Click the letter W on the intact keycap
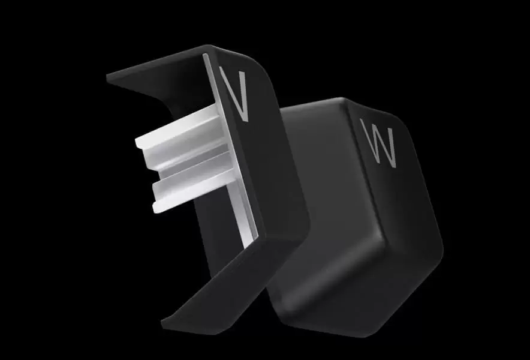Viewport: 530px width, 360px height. [x=378, y=143]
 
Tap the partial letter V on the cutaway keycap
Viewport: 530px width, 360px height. [x=234, y=94]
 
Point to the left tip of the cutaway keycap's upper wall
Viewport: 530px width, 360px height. [x=107, y=77]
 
